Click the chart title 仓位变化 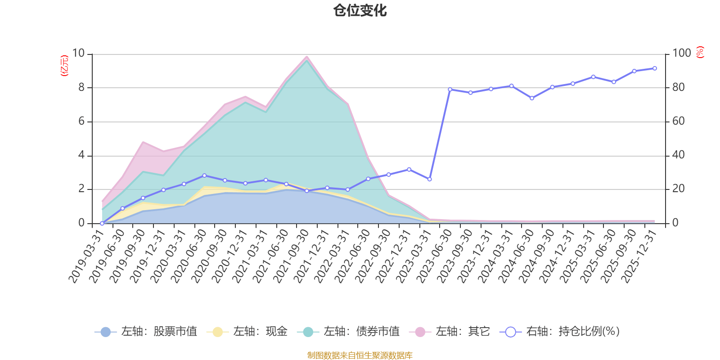(360, 11)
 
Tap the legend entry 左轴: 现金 (247, 332)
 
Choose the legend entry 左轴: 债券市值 (349, 332)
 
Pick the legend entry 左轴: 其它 (450, 332)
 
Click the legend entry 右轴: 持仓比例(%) (560, 332)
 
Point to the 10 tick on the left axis (78, 54)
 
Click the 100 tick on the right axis (681, 54)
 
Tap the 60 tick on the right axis (678, 121)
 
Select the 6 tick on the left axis (81, 121)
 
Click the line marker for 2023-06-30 (450, 89)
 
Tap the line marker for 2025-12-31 (654, 68)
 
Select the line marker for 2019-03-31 (102, 223)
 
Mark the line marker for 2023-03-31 (429, 179)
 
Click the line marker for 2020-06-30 (204, 175)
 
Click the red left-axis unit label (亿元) (64, 66)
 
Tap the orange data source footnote (360, 355)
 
